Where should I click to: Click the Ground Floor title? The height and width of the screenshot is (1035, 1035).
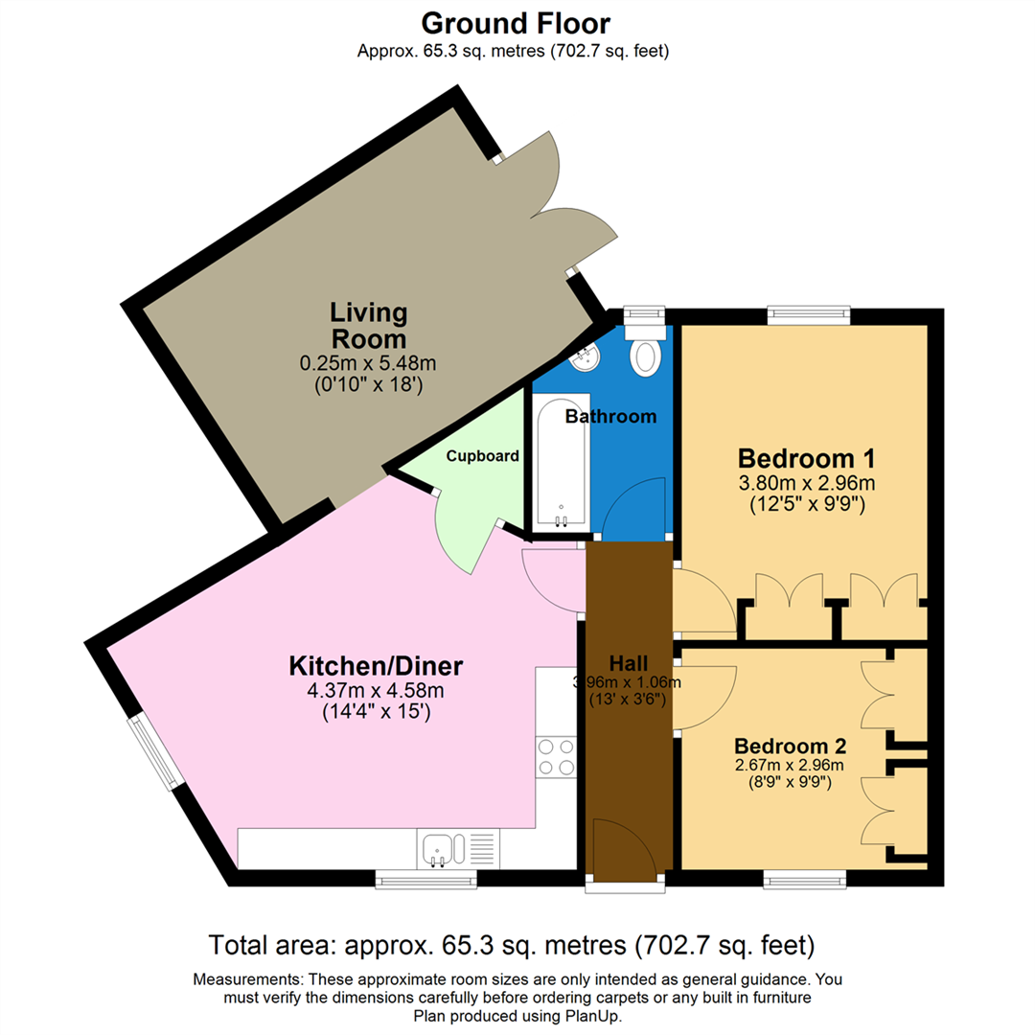(x=516, y=22)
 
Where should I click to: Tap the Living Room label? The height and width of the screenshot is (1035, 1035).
(x=368, y=325)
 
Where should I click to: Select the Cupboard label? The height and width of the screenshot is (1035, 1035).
(x=483, y=456)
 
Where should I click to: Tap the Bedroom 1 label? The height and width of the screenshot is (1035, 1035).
(x=806, y=456)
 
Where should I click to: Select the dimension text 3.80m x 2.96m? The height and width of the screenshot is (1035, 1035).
(x=806, y=482)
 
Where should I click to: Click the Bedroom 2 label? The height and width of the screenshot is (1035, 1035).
(x=790, y=746)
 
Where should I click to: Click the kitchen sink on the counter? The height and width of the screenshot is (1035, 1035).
(x=440, y=848)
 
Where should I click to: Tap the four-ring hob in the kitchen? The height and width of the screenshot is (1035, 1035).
(x=555, y=756)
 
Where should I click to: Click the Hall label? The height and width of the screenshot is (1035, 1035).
(x=629, y=663)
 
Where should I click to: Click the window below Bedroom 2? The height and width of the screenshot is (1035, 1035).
(x=804, y=876)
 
